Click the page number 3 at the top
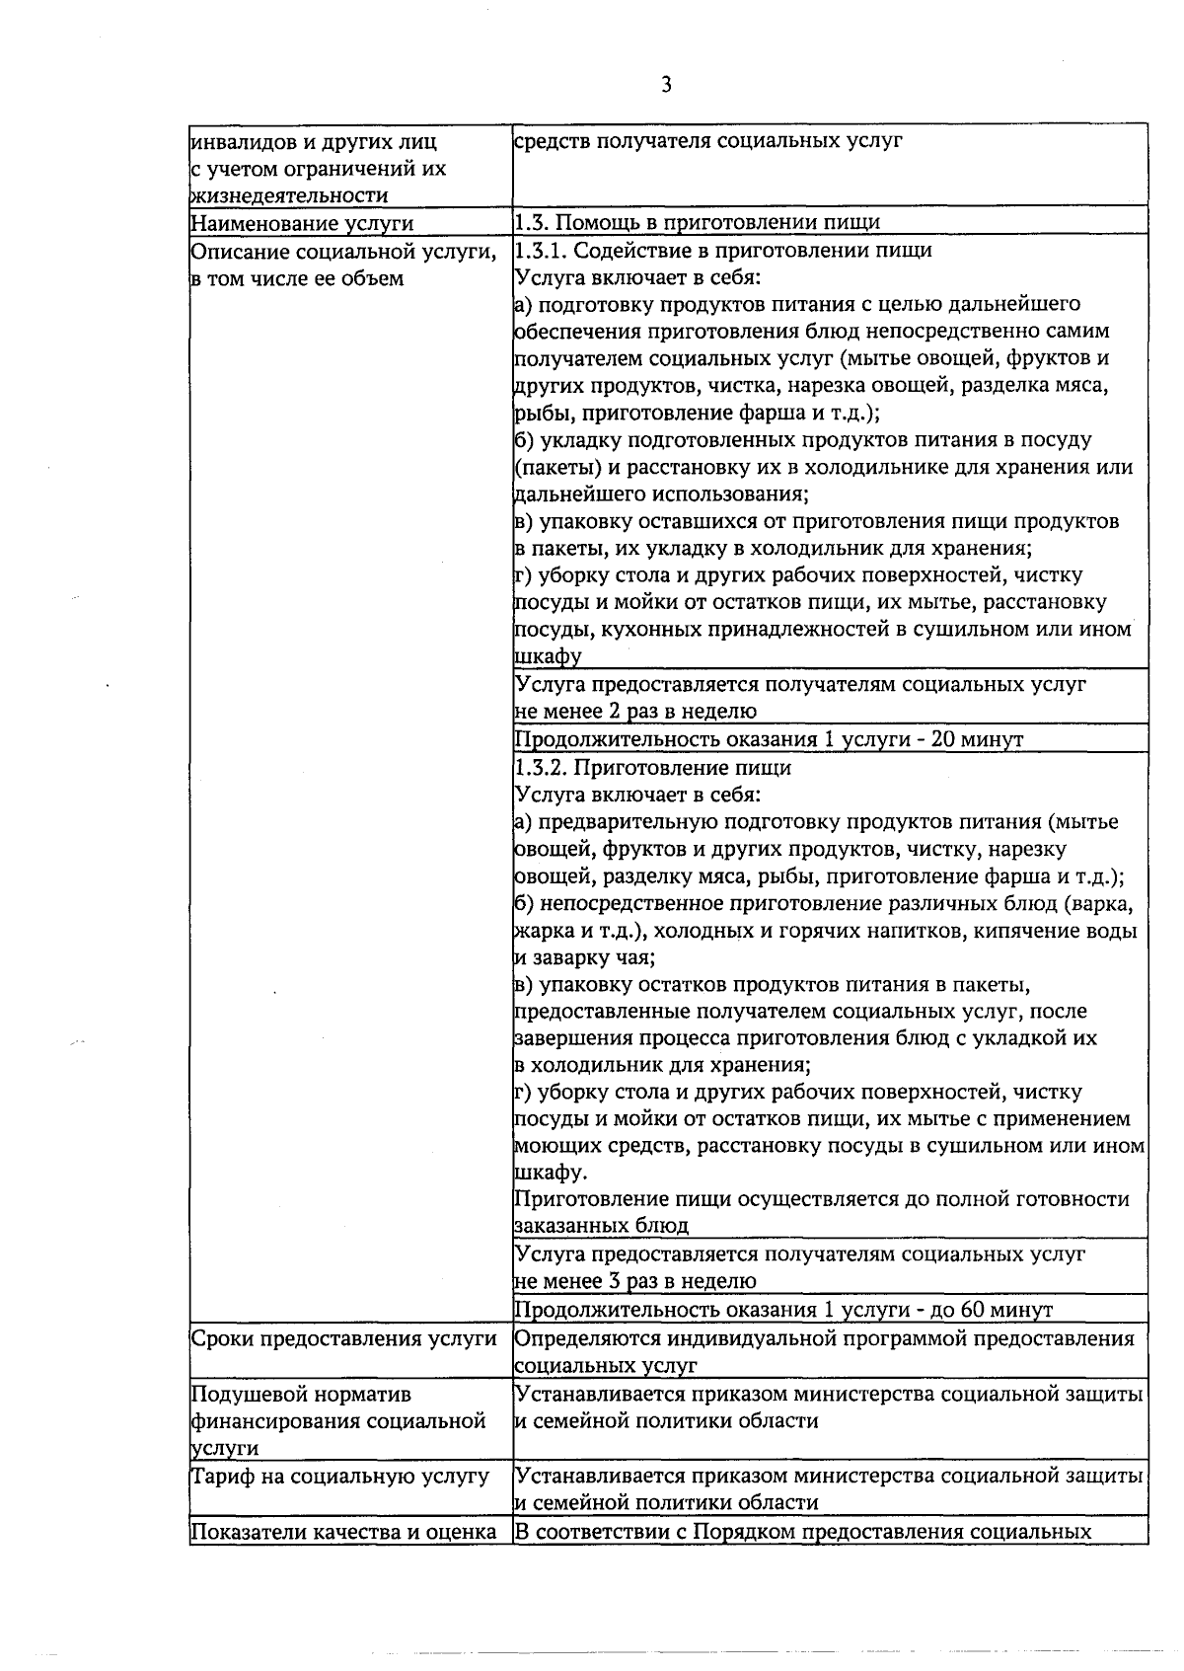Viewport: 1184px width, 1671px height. coord(666,86)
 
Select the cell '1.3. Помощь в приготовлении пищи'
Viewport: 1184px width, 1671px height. coord(698,222)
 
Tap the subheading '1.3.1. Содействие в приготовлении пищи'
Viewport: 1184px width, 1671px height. coord(723,250)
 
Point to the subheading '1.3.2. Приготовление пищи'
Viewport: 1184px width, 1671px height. coord(653,767)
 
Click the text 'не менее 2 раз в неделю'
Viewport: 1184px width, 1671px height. coord(636,712)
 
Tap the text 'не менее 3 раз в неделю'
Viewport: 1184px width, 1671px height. coord(636,1281)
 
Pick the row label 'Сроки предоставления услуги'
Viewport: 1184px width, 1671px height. coord(343,1338)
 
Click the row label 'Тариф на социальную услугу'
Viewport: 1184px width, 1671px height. coord(340,1477)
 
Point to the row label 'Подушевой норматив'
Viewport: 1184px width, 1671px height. coord(301,1395)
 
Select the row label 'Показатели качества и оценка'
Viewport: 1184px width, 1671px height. coord(342,1532)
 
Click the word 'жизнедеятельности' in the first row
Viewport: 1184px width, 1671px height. coord(288,195)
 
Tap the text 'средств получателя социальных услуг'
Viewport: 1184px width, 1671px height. coord(708,141)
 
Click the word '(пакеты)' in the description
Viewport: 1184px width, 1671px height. coord(553,467)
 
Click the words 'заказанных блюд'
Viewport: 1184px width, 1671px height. coord(601,1226)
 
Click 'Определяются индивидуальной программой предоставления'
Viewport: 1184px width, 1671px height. coord(824,1338)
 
